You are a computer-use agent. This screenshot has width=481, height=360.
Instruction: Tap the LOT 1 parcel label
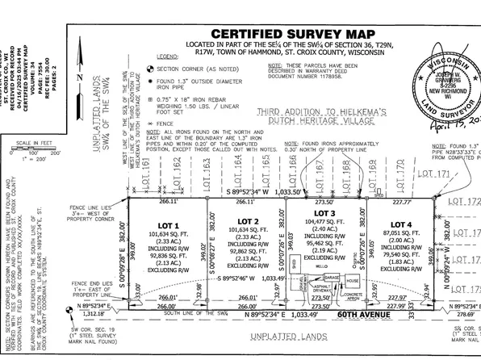tap(169, 223)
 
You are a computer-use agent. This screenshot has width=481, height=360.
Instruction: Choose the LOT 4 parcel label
tap(400, 224)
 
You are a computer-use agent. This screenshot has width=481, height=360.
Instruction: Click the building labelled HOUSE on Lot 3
tap(352, 281)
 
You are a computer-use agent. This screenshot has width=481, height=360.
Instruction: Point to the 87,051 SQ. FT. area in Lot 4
tap(400, 232)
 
